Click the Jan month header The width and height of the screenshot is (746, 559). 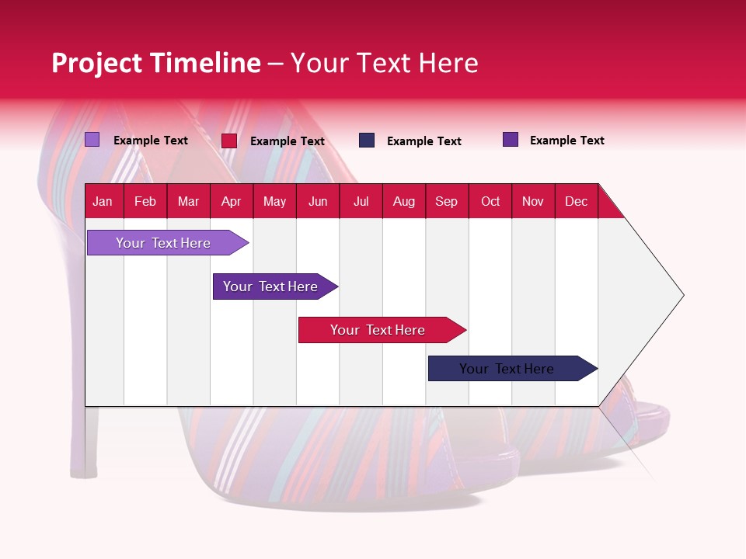103,201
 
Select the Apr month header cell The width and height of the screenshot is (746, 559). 231,201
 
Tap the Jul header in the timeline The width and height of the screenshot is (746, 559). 361,201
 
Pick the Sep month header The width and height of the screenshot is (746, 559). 446,201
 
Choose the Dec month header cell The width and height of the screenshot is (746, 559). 576,201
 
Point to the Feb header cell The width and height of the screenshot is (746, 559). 145,201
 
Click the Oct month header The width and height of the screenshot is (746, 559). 490,201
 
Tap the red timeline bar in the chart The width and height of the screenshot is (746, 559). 378,330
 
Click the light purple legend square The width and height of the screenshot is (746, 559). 92,140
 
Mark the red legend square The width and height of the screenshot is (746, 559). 229,141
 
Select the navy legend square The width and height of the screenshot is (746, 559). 367,141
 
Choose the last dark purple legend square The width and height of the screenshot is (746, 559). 511,140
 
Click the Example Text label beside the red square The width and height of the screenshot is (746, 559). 287,141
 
